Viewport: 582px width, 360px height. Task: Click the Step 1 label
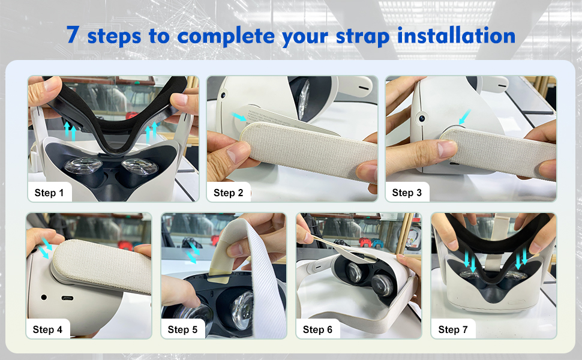click(x=49, y=193)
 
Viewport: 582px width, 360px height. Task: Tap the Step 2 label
click(x=228, y=193)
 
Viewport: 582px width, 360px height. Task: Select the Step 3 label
click(x=407, y=193)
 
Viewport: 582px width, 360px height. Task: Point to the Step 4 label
click(x=47, y=329)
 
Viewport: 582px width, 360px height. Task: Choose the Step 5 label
click(x=182, y=329)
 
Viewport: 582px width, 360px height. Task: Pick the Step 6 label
click(x=317, y=329)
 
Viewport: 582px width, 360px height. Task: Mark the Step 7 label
click(x=453, y=329)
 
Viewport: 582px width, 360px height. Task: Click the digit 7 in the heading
click(x=73, y=35)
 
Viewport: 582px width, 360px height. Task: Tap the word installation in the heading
click(x=456, y=35)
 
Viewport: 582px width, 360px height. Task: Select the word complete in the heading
click(x=226, y=37)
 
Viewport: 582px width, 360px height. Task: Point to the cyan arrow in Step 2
click(x=239, y=116)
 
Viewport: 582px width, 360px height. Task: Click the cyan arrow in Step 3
click(x=465, y=116)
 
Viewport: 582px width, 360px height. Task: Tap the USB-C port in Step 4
click(x=67, y=298)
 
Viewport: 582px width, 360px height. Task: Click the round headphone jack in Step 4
click(x=44, y=297)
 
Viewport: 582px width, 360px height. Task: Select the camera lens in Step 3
click(x=422, y=118)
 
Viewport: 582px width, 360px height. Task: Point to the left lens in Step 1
click(x=82, y=166)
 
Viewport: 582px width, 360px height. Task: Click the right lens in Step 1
click(x=140, y=166)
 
